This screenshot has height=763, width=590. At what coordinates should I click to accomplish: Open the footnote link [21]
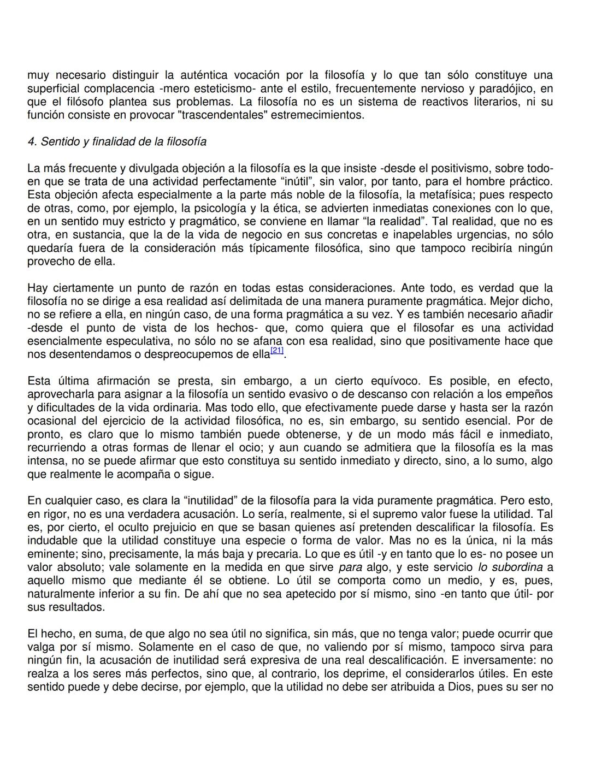277,351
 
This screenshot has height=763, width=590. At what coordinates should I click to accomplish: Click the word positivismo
462,168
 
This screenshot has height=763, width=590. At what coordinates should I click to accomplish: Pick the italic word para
350,567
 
